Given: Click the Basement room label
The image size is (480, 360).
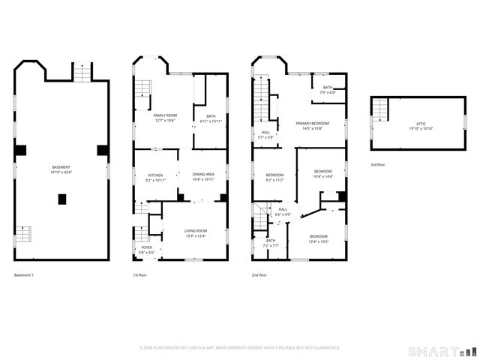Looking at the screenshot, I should click(x=61, y=169).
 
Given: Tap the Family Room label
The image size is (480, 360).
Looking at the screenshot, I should click(x=164, y=117).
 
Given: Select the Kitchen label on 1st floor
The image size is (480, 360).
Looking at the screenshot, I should click(x=154, y=177).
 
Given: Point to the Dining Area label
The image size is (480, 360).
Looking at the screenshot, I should click(x=203, y=177).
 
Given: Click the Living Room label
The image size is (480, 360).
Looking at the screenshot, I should click(x=195, y=234).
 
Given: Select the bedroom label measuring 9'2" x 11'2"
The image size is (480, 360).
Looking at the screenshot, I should click(x=274, y=177).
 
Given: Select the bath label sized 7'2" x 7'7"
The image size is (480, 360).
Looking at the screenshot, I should click(x=271, y=243).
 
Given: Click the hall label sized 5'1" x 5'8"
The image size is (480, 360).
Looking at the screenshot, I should click(x=265, y=135).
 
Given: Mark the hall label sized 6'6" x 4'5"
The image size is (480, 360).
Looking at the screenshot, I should click(x=283, y=212).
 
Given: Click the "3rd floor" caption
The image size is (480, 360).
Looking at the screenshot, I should click(x=378, y=164).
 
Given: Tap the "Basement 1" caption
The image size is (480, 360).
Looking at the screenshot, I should click(x=24, y=275).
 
